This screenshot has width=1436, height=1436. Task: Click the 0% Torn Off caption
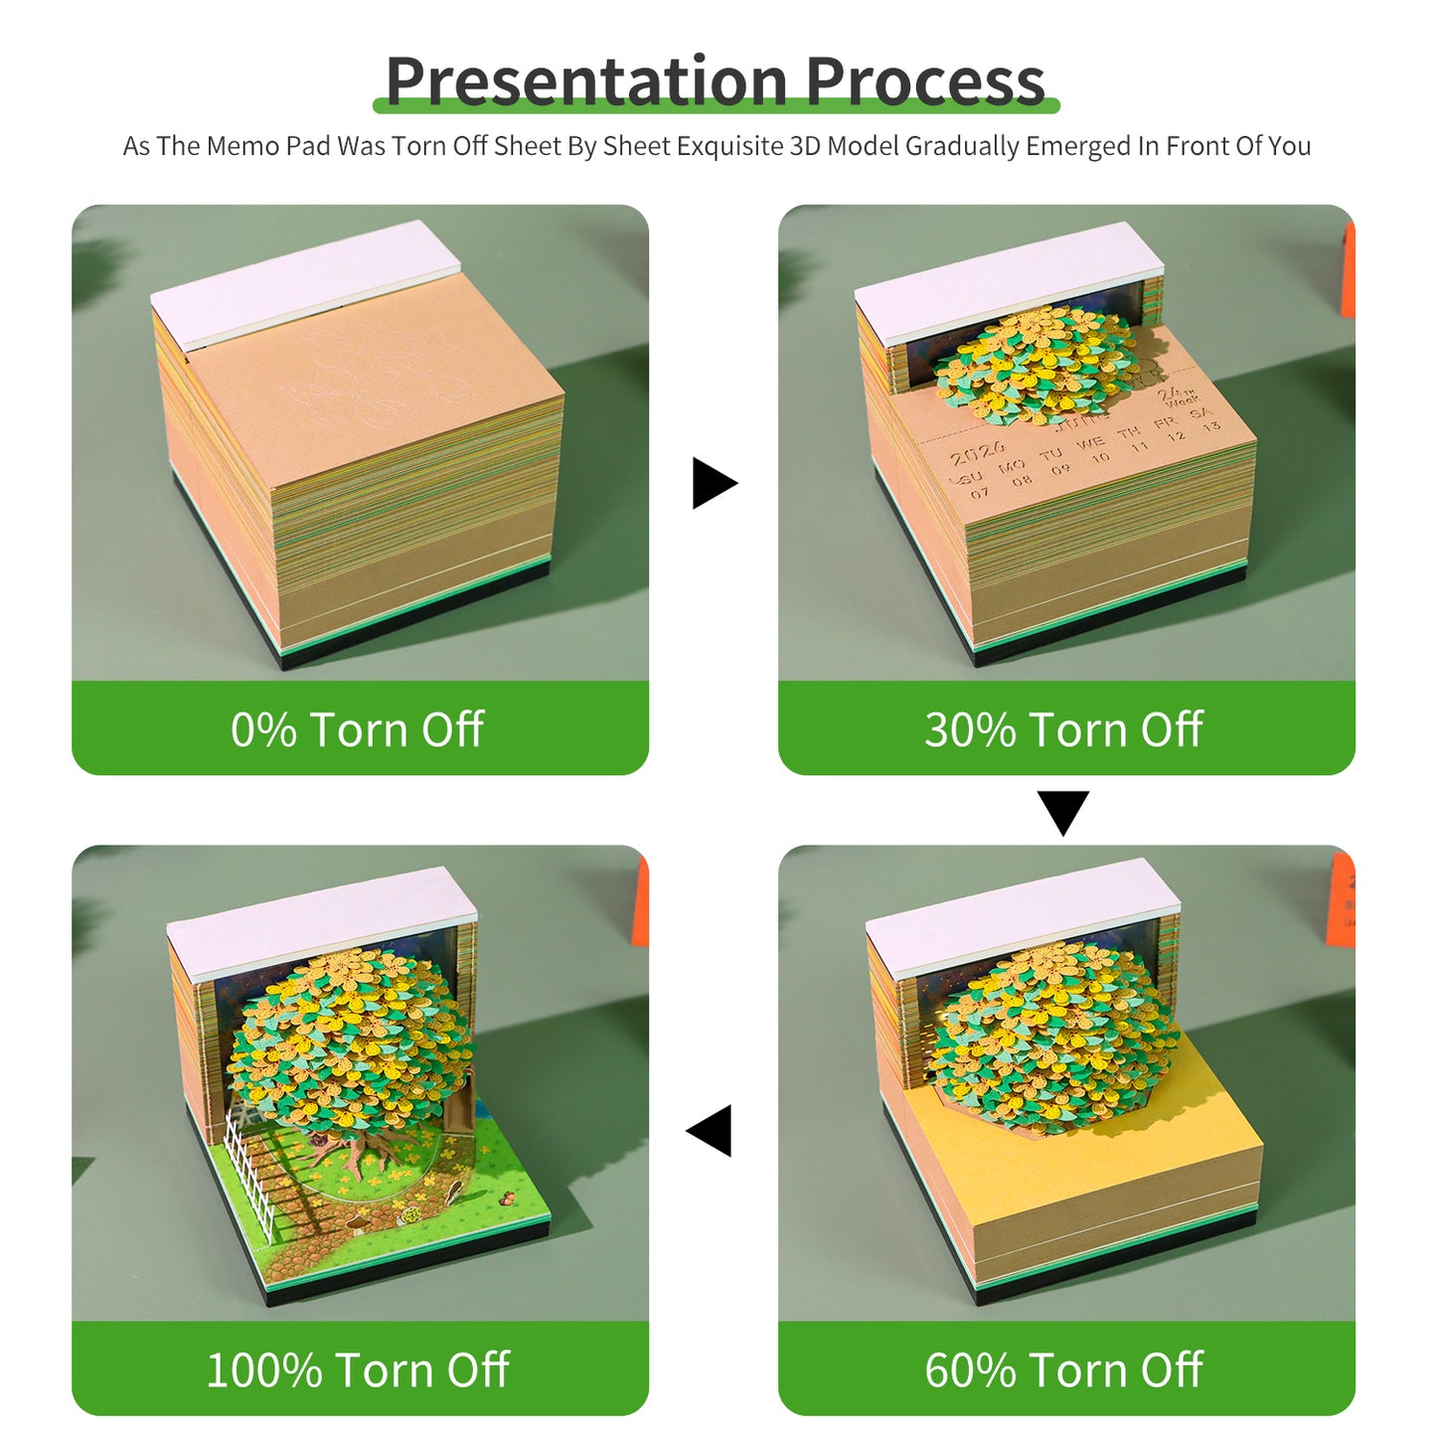[x=358, y=729]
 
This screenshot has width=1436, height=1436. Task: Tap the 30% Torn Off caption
[x=1063, y=729]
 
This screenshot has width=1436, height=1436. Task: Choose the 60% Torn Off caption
[x=1063, y=1370]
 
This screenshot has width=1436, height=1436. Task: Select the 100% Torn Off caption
[x=358, y=1370]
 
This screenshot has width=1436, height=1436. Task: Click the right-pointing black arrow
[x=714, y=483]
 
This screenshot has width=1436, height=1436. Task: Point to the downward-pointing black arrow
[x=1062, y=811]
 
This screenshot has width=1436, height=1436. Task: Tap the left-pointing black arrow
[x=712, y=1131]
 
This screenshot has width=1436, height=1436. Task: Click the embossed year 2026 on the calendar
[x=977, y=456]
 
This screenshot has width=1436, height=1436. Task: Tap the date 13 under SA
[x=1210, y=426]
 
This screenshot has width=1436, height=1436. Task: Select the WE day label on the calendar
[x=1090, y=441]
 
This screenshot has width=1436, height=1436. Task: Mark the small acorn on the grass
[x=507, y=1197]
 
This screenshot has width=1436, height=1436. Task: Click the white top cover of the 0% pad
[x=305, y=282]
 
